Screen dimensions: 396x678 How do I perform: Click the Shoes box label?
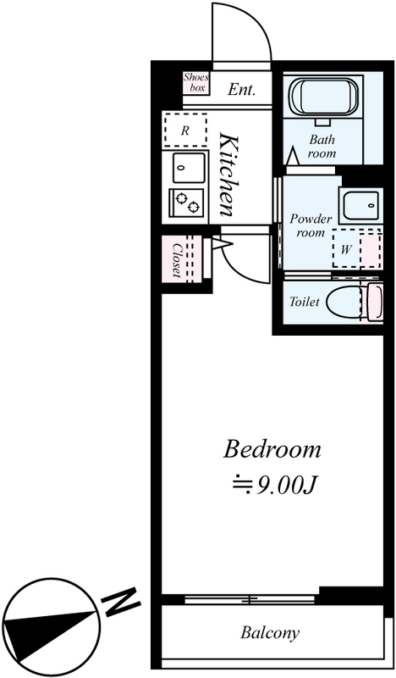[196, 82]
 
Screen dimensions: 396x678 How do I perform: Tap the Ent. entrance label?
[241, 90]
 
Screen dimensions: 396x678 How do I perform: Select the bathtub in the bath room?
[324, 97]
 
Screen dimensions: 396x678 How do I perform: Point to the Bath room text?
[322, 147]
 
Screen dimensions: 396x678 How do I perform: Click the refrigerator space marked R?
[184, 131]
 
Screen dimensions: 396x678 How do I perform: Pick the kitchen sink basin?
[189, 167]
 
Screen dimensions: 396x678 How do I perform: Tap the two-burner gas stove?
[187, 203]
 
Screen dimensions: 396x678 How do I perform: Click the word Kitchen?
[228, 175]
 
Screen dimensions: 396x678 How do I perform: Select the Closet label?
[177, 260]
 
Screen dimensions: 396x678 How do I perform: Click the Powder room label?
[311, 225]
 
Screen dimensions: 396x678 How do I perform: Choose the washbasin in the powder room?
[361, 204]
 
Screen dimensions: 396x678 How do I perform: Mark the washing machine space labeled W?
[345, 249]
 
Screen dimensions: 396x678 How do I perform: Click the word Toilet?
[305, 302]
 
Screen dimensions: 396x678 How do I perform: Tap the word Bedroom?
[272, 450]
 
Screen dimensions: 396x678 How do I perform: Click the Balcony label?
[270, 632]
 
